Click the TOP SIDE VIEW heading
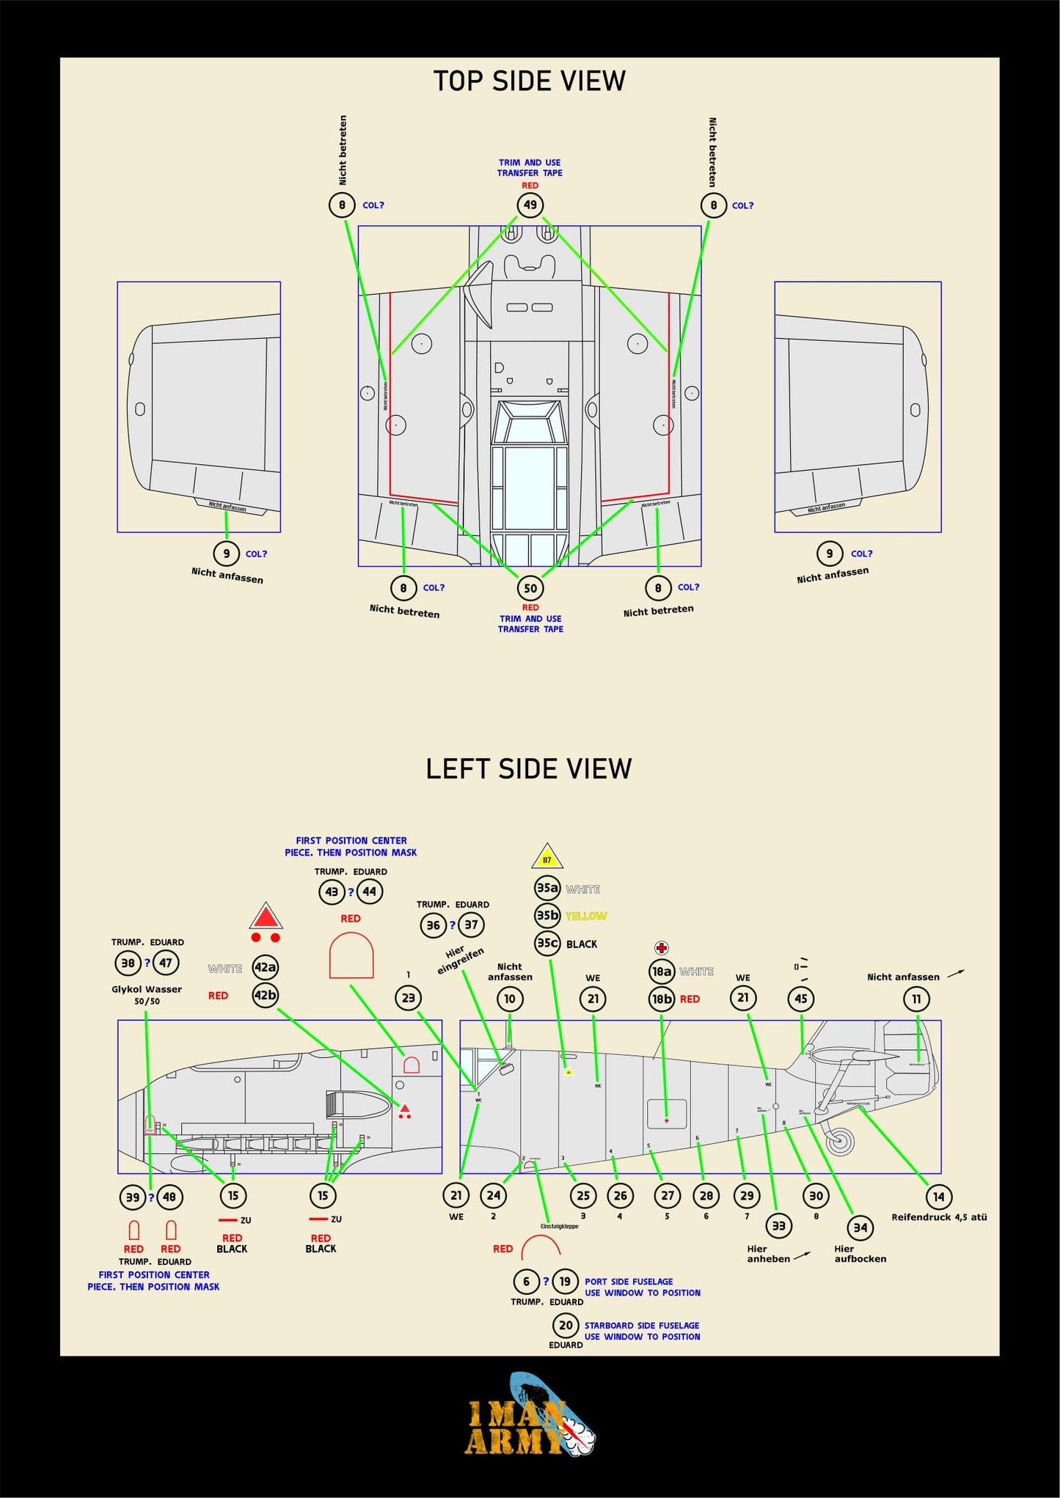[x=529, y=81]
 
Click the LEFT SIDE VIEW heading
[x=529, y=768]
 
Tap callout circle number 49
[x=530, y=205]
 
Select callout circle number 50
[x=530, y=588]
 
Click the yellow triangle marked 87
[x=547, y=857]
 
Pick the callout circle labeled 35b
[x=547, y=916]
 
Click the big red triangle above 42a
[x=266, y=917]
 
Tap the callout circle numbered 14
[x=938, y=1197]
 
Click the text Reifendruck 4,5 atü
[x=939, y=1217]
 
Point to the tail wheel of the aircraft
[x=841, y=1141]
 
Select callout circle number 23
[x=409, y=998]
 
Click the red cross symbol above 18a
[x=662, y=948]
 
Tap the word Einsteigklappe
[x=559, y=1226]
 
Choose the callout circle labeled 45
[x=800, y=999]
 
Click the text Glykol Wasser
[x=147, y=989]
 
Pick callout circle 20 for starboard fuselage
[x=566, y=1325]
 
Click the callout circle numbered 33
[x=778, y=1225]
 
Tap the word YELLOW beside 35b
[x=586, y=917]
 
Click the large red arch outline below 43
[x=351, y=955]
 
